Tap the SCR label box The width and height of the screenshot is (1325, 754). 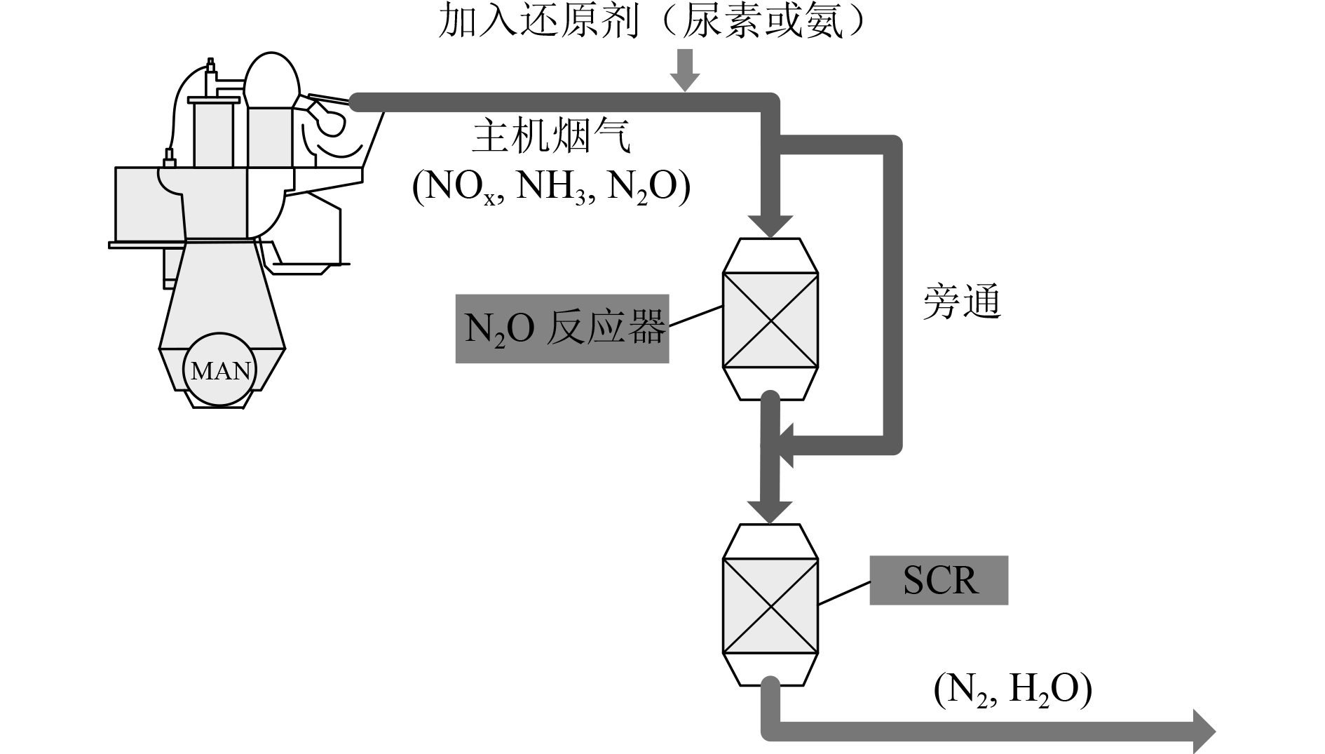click(939, 580)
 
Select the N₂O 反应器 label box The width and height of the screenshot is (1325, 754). click(562, 328)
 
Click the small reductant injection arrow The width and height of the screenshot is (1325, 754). click(685, 69)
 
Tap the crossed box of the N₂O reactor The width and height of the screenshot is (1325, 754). click(770, 321)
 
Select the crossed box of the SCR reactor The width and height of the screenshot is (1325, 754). click(770, 606)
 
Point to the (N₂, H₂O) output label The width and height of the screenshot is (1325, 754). click(1012, 690)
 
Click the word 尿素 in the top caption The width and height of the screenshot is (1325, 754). click(724, 23)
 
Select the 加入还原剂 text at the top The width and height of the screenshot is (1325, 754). click(538, 23)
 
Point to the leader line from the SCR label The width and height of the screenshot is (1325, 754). click(844, 593)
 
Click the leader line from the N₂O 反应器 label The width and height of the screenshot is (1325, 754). click(695, 316)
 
